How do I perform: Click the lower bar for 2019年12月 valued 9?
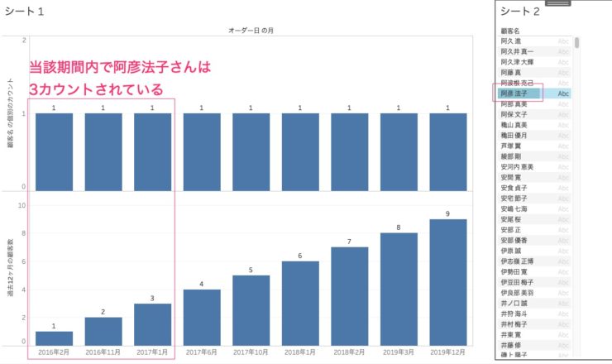click(x=447, y=281)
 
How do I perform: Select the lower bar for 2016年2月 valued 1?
click(x=55, y=338)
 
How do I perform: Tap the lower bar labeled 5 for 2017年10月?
click(x=251, y=309)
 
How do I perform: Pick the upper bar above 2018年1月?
click(x=300, y=151)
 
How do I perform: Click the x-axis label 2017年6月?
click(x=202, y=352)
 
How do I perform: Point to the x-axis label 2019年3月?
click(x=399, y=352)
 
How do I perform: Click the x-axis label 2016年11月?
click(x=103, y=352)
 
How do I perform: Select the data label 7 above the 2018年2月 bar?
click(x=349, y=242)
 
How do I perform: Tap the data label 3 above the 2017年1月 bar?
click(x=152, y=298)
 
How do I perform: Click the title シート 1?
click(x=24, y=11)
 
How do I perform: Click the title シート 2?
click(x=521, y=11)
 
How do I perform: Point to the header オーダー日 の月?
click(x=251, y=31)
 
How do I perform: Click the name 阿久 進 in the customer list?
click(x=512, y=41)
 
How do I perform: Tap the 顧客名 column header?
click(x=511, y=30)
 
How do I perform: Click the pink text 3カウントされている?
click(x=97, y=89)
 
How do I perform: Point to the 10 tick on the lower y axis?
click(x=22, y=206)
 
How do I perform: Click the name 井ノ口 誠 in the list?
click(x=516, y=303)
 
